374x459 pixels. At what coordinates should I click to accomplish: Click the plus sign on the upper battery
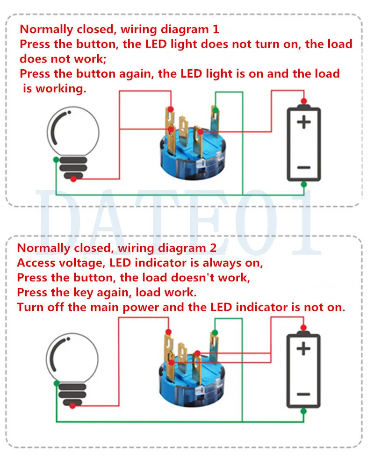pyautogui.click(x=304, y=122)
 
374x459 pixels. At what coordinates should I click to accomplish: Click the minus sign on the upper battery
pyautogui.click(x=304, y=167)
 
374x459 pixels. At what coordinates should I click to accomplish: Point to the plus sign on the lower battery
pyautogui.click(x=304, y=349)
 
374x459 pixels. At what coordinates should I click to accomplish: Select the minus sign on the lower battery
pyautogui.click(x=303, y=394)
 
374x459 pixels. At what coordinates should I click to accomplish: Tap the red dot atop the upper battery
pyautogui.click(x=304, y=101)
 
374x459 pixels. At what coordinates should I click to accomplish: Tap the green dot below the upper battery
pyautogui.click(x=304, y=184)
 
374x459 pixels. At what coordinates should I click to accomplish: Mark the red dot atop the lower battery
pyautogui.click(x=304, y=327)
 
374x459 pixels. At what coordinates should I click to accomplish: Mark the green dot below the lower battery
pyautogui.click(x=304, y=411)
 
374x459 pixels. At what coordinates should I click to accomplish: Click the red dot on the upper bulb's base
pyautogui.click(x=72, y=179)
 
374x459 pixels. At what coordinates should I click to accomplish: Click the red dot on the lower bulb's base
pyautogui.click(x=72, y=406)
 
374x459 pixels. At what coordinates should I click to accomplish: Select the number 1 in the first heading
pyautogui.click(x=215, y=29)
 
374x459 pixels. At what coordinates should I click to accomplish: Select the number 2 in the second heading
pyautogui.click(x=213, y=248)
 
